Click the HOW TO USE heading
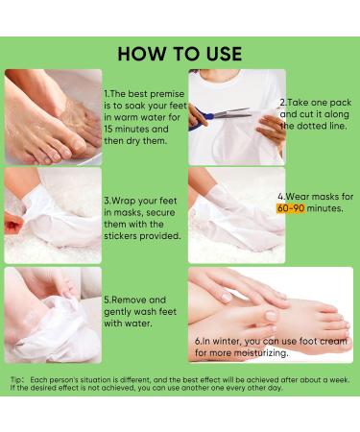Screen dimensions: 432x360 pyautogui.click(x=180, y=52)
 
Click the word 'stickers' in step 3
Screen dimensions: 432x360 pyautogui.click(x=128, y=235)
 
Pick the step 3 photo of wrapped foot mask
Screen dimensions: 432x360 pyautogui.click(x=52, y=216)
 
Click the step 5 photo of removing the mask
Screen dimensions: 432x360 pyautogui.click(x=52, y=314)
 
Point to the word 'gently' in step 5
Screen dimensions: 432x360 pyautogui.click(x=125, y=312)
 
